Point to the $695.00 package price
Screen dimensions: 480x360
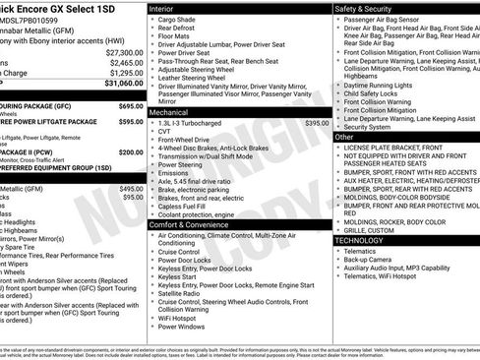click(x=130, y=105)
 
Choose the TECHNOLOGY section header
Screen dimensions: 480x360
click(x=359, y=240)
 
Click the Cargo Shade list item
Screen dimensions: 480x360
click(x=178, y=19)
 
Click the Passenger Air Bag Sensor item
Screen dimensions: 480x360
click(x=388, y=19)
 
